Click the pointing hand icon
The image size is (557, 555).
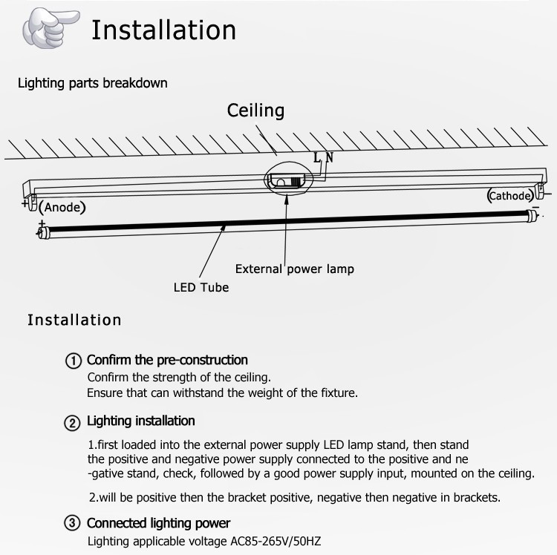(51, 28)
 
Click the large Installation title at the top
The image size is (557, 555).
(164, 30)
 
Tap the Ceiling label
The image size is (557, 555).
(255, 111)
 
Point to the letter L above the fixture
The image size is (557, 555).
(317, 157)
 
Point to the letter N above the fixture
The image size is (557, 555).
(330, 157)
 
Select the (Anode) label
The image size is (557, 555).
(62, 207)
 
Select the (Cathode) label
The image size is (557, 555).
(510, 196)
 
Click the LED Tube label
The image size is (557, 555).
(201, 287)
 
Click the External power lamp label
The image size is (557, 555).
(295, 269)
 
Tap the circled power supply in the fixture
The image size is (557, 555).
(288, 179)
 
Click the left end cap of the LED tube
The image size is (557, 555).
(42, 232)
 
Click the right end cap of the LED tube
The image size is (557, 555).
(532, 214)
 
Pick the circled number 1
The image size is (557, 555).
(74, 361)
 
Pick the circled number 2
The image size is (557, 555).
(72, 423)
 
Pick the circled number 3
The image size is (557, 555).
(72, 522)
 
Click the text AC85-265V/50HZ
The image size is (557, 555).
(276, 541)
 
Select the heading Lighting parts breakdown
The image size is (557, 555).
(93, 83)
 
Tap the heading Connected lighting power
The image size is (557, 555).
(158, 523)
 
